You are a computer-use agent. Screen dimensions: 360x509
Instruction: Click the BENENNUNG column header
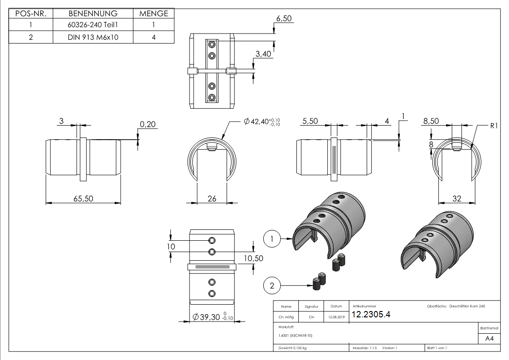pos(92,14)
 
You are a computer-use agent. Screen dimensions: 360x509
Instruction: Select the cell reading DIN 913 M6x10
pos(92,37)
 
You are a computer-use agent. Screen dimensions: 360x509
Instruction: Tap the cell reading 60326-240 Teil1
pos(92,25)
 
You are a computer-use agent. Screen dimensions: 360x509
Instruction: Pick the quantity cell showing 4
pos(154,37)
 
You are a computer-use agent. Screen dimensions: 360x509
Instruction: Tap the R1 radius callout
pos(494,126)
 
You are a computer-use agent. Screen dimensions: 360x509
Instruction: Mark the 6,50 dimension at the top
pos(284,19)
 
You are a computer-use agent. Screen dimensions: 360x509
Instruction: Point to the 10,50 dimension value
pos(253,258)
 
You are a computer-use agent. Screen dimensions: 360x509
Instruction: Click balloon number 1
pos(271,238)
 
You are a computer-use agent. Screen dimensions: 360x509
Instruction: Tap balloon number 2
pos(271,285)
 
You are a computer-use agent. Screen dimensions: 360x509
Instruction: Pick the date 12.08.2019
pos(336,317)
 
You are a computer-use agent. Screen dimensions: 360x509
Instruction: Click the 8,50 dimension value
pos(431,122)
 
